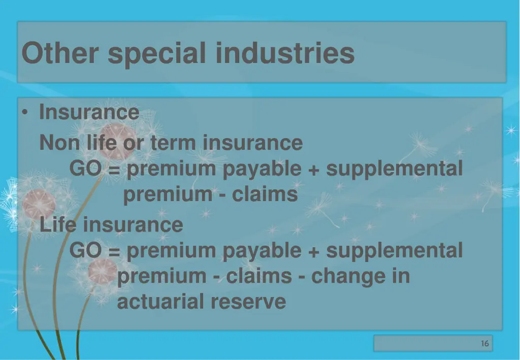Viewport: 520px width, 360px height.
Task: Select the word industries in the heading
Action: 285,53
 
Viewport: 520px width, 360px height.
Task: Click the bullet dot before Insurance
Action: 25,113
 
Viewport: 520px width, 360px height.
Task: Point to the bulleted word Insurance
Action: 89,112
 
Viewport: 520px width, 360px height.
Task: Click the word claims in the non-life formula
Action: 265,194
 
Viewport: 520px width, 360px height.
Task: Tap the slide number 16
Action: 485,344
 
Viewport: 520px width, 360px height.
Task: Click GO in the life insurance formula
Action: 85,250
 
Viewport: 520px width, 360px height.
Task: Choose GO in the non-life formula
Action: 85,169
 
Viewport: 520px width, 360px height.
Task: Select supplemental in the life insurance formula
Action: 394,250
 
